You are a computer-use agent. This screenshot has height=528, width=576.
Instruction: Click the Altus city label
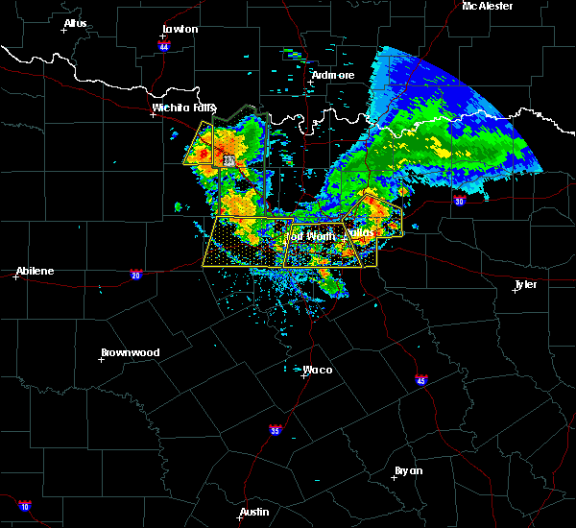[x=75, y=23]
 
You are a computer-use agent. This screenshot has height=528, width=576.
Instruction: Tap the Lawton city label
[x=180, y=29]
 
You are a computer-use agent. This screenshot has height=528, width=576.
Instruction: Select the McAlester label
[x=488, y=6]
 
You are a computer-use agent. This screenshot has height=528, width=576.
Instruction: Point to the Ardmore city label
[x=333, y=75]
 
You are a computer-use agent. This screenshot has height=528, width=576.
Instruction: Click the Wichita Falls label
[x=183, y=108]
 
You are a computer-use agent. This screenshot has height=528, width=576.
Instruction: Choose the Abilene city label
[x=34, y=271]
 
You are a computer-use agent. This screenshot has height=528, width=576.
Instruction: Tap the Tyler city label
[x=525, y=284]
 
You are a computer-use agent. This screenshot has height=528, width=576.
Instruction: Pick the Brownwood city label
[x=129, y=352]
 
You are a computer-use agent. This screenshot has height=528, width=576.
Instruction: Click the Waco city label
[x=318, y=370]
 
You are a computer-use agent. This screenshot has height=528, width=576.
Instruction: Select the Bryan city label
[x=410, y=470]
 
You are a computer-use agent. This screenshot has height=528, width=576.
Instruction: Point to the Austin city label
[x=254, y=512]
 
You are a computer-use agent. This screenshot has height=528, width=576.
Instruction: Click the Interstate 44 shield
[x=164, y=46]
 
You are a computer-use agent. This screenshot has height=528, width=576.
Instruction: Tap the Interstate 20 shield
[x=135, y=275]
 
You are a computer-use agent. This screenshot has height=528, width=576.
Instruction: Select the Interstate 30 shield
[x=459, y=201]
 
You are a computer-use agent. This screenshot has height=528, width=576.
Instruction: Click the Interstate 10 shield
[x=24, y=506]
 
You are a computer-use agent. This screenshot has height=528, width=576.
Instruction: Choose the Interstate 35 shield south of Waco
[x=276, y=428]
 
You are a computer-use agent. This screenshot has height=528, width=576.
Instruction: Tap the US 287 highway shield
[x=228, y=161]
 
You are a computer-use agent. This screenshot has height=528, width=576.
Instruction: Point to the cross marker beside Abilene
[x=16, y=276]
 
